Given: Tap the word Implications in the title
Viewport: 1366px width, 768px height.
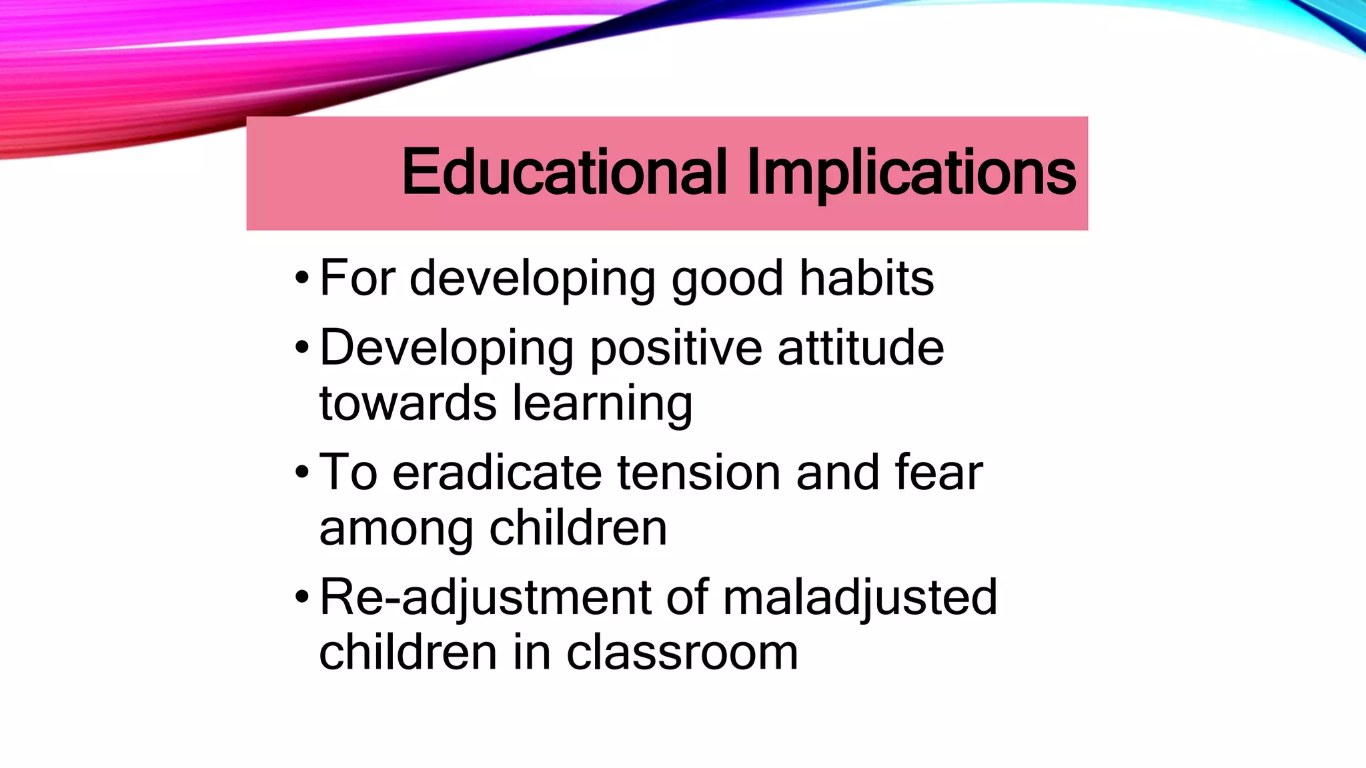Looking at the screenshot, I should [x=911, y=173].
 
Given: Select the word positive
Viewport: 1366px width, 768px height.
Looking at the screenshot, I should [x=676, y=349].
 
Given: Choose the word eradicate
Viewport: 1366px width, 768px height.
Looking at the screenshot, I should [x=497, y=472].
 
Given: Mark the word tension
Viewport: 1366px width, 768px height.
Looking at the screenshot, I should [x=699, y=472].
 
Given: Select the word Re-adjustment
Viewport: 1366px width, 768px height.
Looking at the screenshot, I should [x=485, y=598].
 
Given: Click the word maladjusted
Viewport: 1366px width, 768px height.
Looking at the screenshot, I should [x=860, y=598].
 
